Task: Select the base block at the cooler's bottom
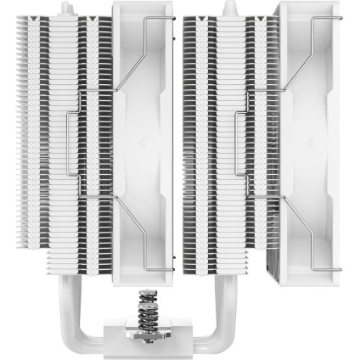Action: pyautogui.click(x=179, y=337)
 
